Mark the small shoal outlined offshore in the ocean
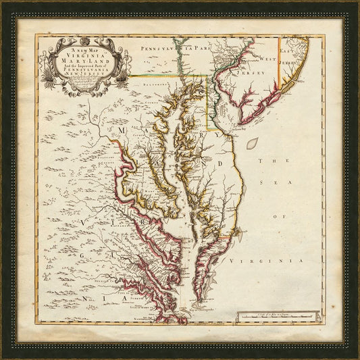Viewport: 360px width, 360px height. (252, 143)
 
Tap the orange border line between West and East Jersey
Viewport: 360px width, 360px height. (280, 68)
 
